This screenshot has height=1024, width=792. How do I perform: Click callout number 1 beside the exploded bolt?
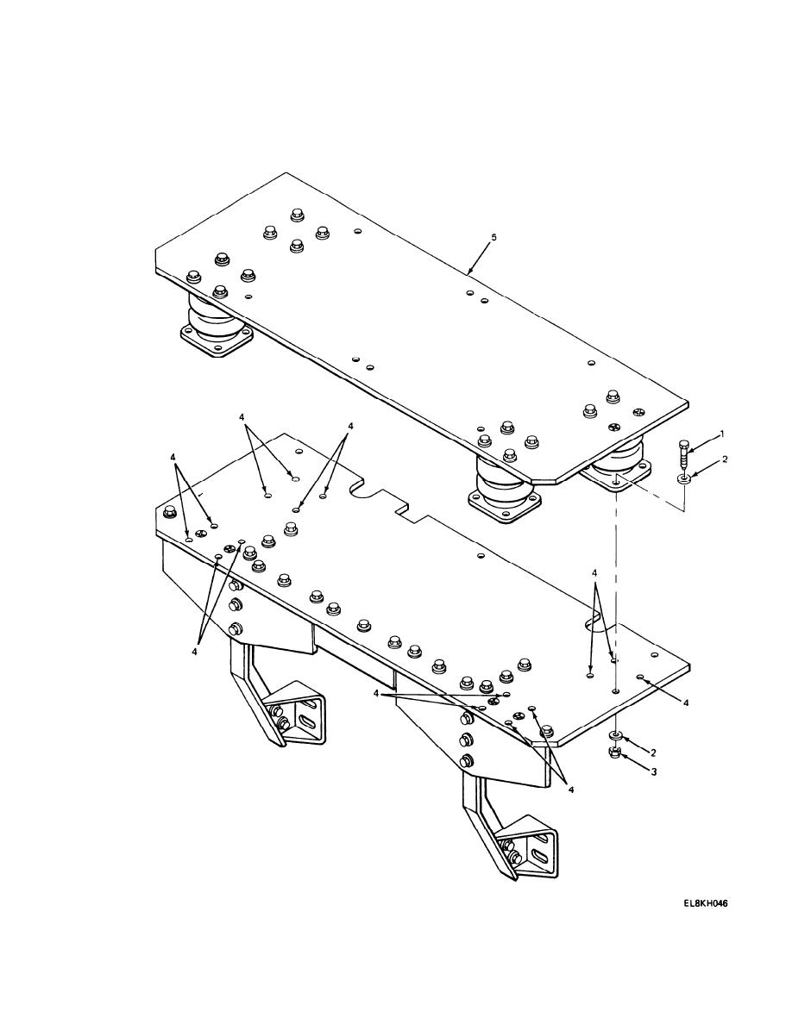pos(722,434)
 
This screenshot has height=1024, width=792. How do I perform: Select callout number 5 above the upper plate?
pos(493,238)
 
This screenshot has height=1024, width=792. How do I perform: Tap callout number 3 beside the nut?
pos(653,771)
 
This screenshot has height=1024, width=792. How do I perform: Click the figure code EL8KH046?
pos(706,904)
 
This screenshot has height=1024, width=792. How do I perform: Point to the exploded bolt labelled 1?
pos(683,454)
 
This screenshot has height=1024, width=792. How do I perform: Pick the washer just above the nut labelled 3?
pos(615,736)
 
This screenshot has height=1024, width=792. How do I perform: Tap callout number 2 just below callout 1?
pos(724,459)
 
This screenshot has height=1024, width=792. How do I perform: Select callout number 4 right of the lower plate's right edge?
pos(686,702)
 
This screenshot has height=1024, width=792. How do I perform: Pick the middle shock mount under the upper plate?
pos(504,490)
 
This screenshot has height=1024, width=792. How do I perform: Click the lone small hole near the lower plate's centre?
pos(481,556)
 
